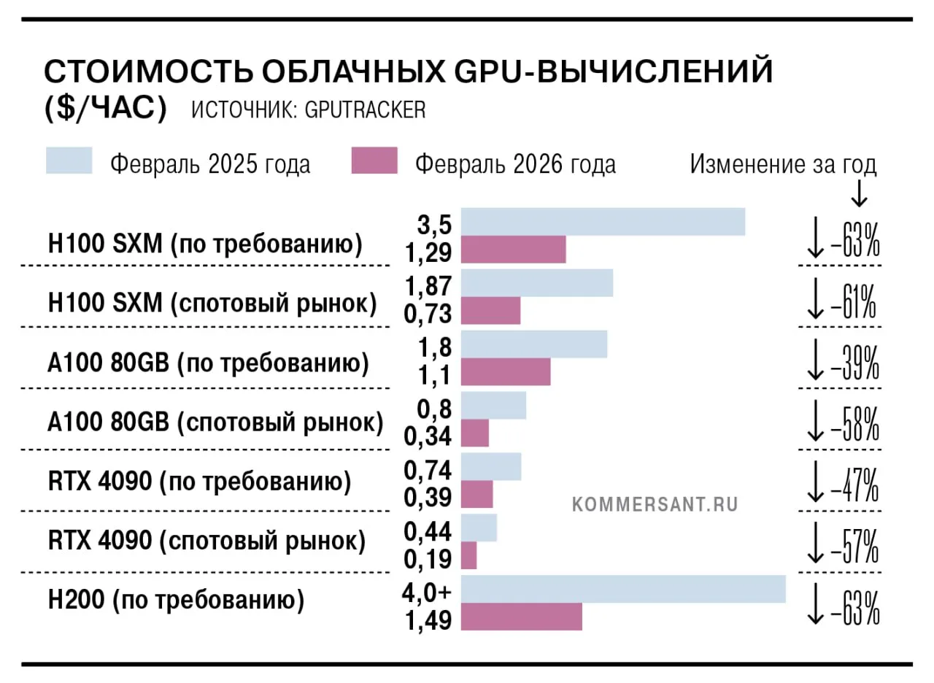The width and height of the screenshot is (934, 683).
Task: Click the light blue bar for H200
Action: tap(623, 589)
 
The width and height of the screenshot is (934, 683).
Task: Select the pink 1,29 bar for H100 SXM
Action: tap(513, 250)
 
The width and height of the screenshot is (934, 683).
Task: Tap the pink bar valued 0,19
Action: tap(468, 555)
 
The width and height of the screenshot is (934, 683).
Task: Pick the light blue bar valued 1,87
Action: tap(536, 282)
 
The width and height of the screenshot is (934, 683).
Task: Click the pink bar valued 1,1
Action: tap(506, 371)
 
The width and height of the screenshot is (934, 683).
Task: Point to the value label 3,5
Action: tap(434, 225)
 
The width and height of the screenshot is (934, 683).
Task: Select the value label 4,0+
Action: tap(427, 592)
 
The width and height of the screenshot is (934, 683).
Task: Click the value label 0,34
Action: tap(428, 436)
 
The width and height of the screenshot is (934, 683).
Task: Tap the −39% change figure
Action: tap(855, 363)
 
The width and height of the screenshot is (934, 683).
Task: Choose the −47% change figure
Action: tap(854, 485)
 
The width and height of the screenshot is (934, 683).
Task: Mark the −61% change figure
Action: tap(854, 302)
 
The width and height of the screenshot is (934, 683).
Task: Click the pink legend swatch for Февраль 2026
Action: tap(374, 160)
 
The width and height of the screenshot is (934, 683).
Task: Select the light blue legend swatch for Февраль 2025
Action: tap(69, 160)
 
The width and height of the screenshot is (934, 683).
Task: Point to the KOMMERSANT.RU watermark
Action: tap(655, 504)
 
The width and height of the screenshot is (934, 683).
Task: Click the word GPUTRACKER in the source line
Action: tap(366, 110)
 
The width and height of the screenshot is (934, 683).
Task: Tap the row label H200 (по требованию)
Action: tap(177, 601)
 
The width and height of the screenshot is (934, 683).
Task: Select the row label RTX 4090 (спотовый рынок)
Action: tap(207, 541)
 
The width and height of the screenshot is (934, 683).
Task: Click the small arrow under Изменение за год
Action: tap(859, 193)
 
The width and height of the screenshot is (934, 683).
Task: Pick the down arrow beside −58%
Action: tap(816, 421)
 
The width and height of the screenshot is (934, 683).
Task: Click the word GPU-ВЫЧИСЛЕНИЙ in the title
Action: tap(614, 72)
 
